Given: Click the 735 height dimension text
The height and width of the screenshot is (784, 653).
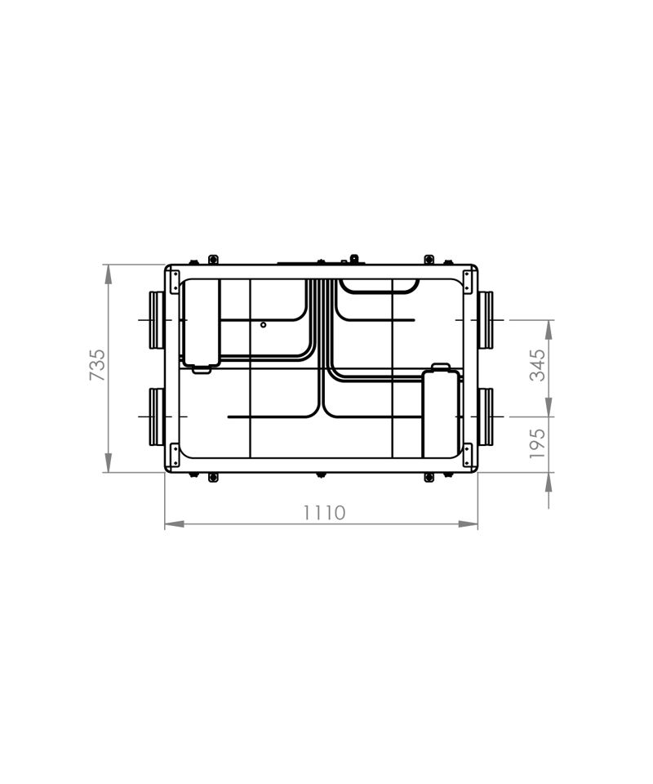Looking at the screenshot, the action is coord(98,365).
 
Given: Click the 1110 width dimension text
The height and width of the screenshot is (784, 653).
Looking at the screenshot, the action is coord(325,513).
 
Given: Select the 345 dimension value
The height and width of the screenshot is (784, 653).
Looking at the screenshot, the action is coord(538,365).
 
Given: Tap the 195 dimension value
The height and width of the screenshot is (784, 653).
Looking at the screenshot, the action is coord(538,443).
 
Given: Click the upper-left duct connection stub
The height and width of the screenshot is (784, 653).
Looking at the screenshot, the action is coord(157,320).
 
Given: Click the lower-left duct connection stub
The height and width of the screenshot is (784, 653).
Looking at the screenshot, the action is coord(157,416).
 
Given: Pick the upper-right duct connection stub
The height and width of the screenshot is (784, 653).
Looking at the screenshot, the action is coord(486,320).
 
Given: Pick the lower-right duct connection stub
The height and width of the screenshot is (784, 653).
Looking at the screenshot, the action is coord(486,416).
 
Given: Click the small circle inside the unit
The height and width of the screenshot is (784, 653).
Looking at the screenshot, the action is coord(264,325).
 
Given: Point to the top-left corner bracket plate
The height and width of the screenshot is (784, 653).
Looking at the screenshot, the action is coord(175,282).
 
